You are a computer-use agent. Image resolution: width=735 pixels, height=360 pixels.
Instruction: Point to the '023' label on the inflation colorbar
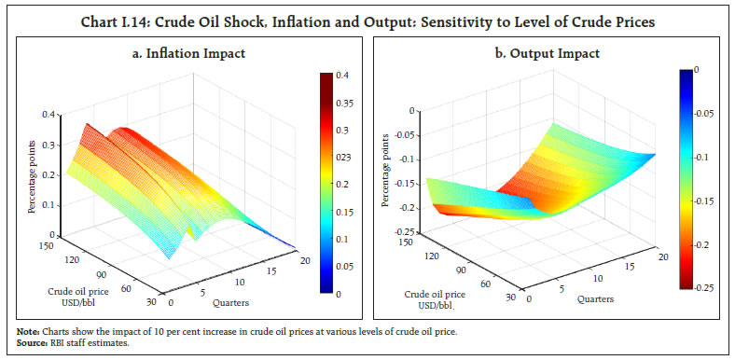(344, 158)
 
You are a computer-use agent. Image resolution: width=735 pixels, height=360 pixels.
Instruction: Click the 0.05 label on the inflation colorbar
(344, 266)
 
